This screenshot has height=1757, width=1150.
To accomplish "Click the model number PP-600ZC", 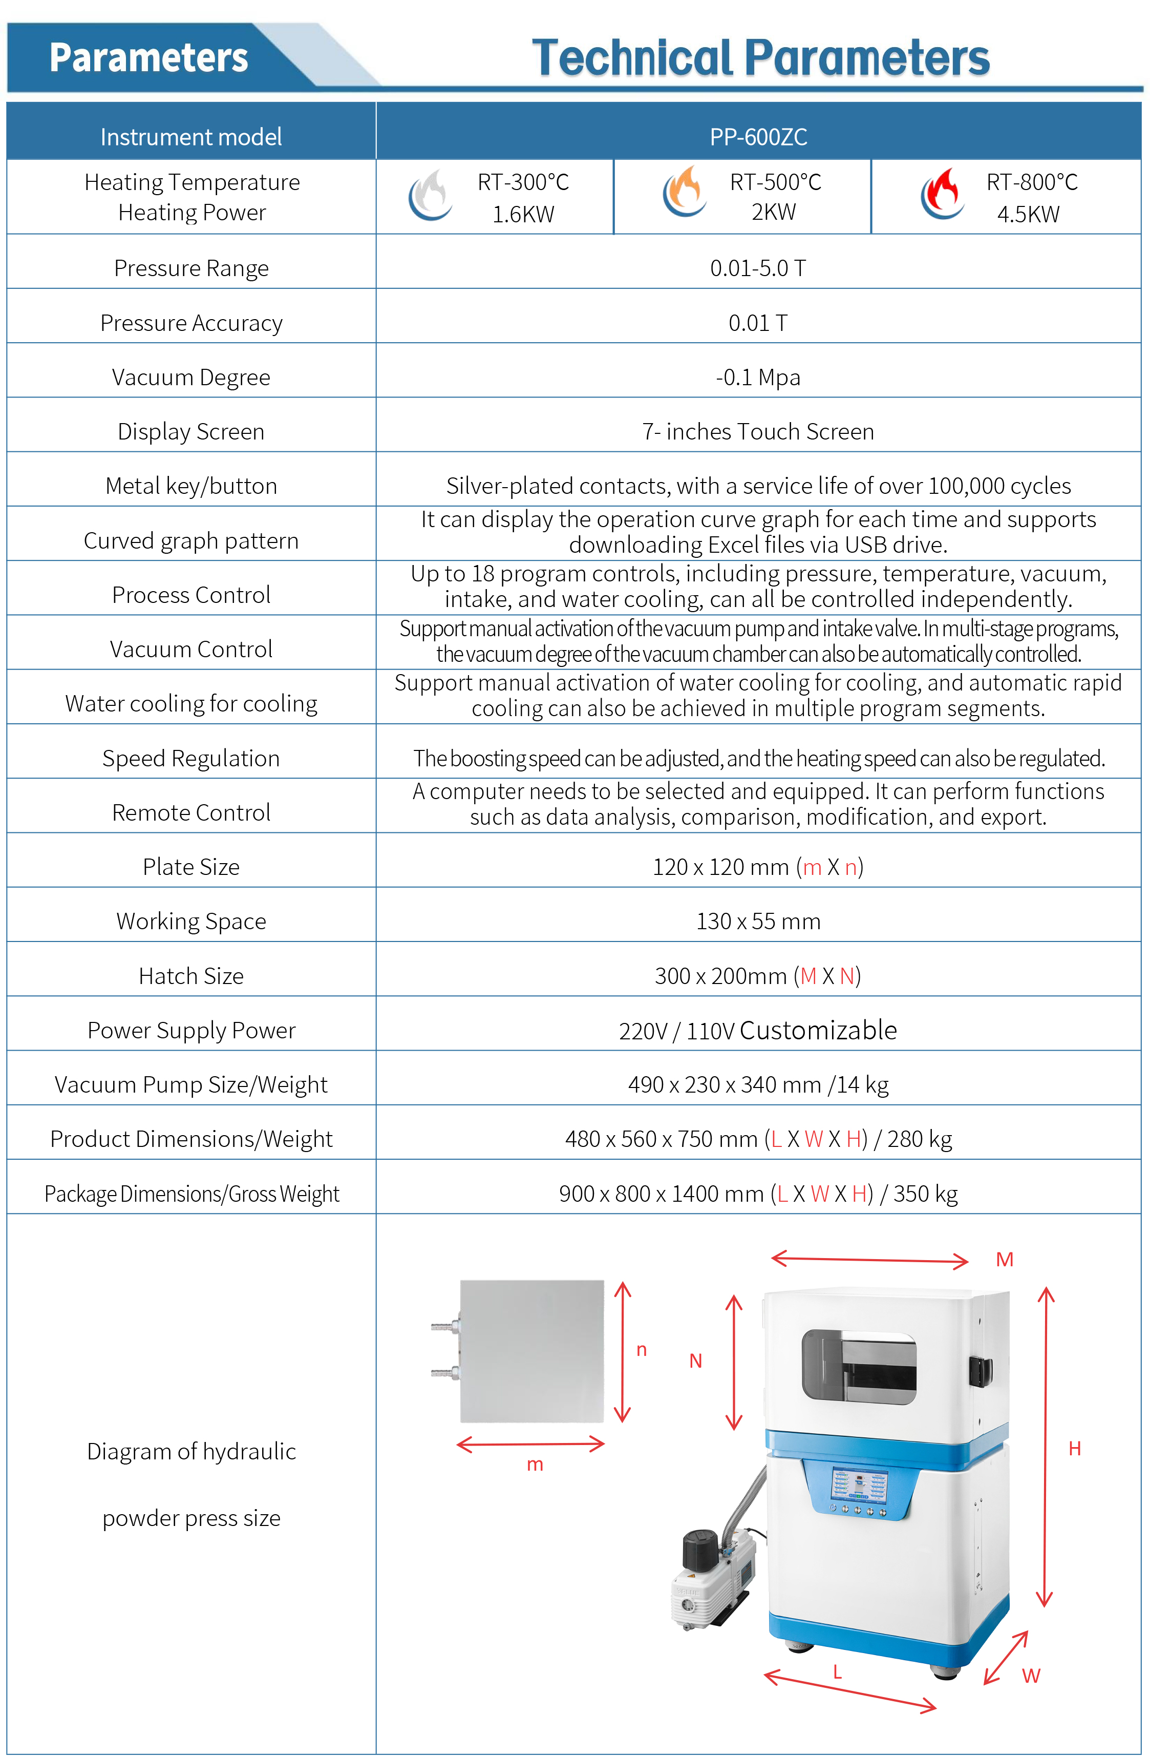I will click(x=758, y=137).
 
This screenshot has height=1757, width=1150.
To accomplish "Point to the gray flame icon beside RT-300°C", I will click(x=430, y=195).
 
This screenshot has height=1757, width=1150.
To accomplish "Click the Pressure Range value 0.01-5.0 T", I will click(x=758, y=268).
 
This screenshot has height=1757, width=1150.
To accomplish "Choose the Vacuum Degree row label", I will click(x=191, y=377).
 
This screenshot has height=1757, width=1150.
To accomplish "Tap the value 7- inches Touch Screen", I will click(x=758, y=431).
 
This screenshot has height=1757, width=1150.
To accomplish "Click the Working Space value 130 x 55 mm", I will click(x=758, y=922).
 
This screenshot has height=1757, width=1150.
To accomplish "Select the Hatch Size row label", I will click(x=191, y=976).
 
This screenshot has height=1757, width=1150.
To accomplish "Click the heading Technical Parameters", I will click(x=760, y=57).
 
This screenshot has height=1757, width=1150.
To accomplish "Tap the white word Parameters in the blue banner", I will click(x=148, y=57).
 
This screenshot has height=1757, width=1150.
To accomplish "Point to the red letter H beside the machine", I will click(x=1075, y=1449).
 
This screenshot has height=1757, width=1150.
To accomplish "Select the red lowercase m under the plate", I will click(x=535, y=1465).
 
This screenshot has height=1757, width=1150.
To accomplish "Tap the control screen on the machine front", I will click(x=859, y=1484).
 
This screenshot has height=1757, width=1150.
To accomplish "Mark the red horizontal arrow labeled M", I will click(x=869, y=1260).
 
